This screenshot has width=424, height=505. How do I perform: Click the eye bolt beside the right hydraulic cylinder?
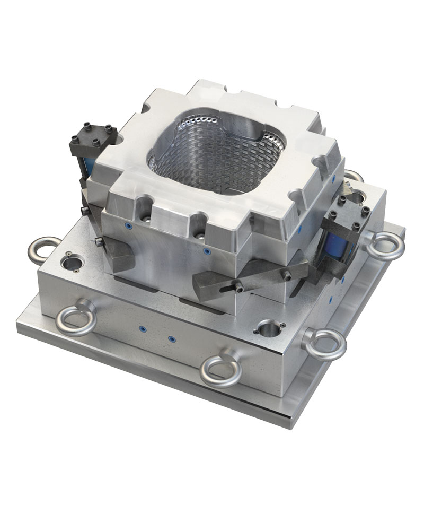tap(385, 248)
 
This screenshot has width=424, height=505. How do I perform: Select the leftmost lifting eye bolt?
tap(45, 248)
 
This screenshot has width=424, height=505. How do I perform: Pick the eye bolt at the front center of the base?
tap(222, 369)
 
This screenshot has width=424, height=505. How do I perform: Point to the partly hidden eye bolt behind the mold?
tap(354, 175)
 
